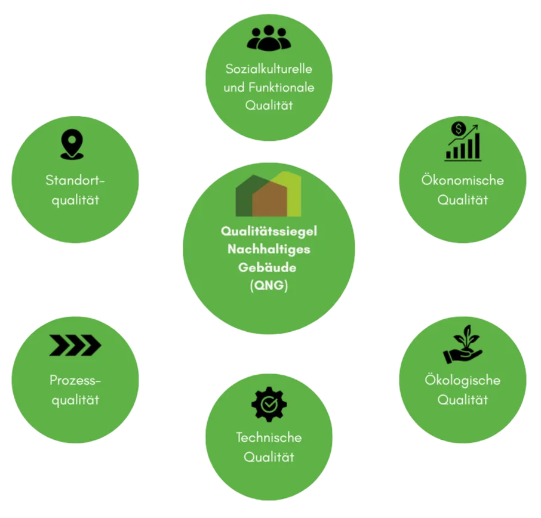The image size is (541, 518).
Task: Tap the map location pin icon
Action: (x=72, y=144)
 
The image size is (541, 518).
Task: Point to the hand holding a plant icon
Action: (x=462, y=344)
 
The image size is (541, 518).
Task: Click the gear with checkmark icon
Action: (x=269, y=404)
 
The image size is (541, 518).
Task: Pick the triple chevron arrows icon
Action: (x=75, y=345)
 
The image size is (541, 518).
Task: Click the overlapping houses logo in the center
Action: (x=269, y=194)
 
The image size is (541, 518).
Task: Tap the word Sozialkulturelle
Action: (x=269, y=69)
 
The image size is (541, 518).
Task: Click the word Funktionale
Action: (x=281, y=87)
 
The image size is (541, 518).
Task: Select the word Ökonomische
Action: (x=462, y=180)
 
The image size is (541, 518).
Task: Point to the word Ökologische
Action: (x=462, y=380)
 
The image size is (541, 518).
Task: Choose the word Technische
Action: (x=269, y=437)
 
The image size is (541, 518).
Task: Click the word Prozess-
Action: (x=75, y=380)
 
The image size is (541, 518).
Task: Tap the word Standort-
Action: (x=75, y=180)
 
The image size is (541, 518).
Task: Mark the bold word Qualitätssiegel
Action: (x=269, y=232)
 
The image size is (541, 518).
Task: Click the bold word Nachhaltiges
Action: (x=269, y=249)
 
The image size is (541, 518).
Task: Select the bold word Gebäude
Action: (x=268, y=267)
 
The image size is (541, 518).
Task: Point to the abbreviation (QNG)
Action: (x=269, y=285)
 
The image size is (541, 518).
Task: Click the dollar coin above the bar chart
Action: (x=458, y=129)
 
